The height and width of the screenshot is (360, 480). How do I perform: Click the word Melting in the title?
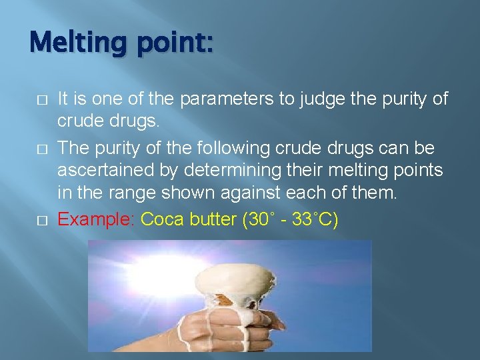[74, 45]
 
